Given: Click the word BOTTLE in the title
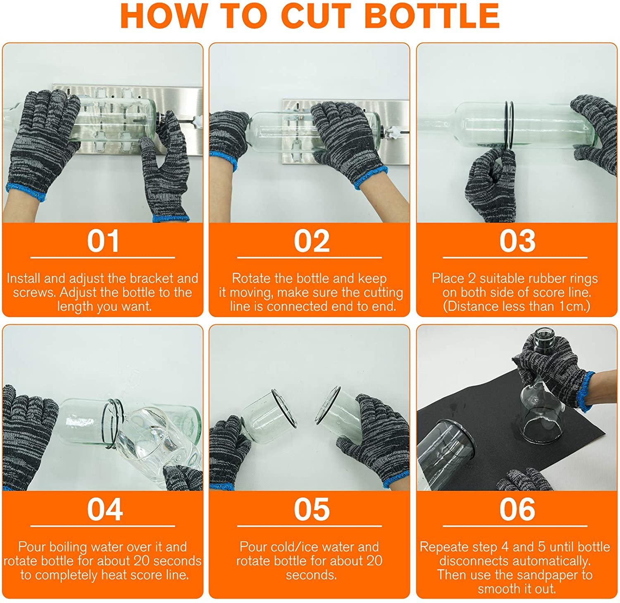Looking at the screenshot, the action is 432,16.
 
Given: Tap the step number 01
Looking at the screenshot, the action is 103,241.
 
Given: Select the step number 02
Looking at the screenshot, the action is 312,241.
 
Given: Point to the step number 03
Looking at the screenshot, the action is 517,241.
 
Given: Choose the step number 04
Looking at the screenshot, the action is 105,509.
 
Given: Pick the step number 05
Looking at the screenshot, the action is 312,509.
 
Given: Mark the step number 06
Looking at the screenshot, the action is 517,509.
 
